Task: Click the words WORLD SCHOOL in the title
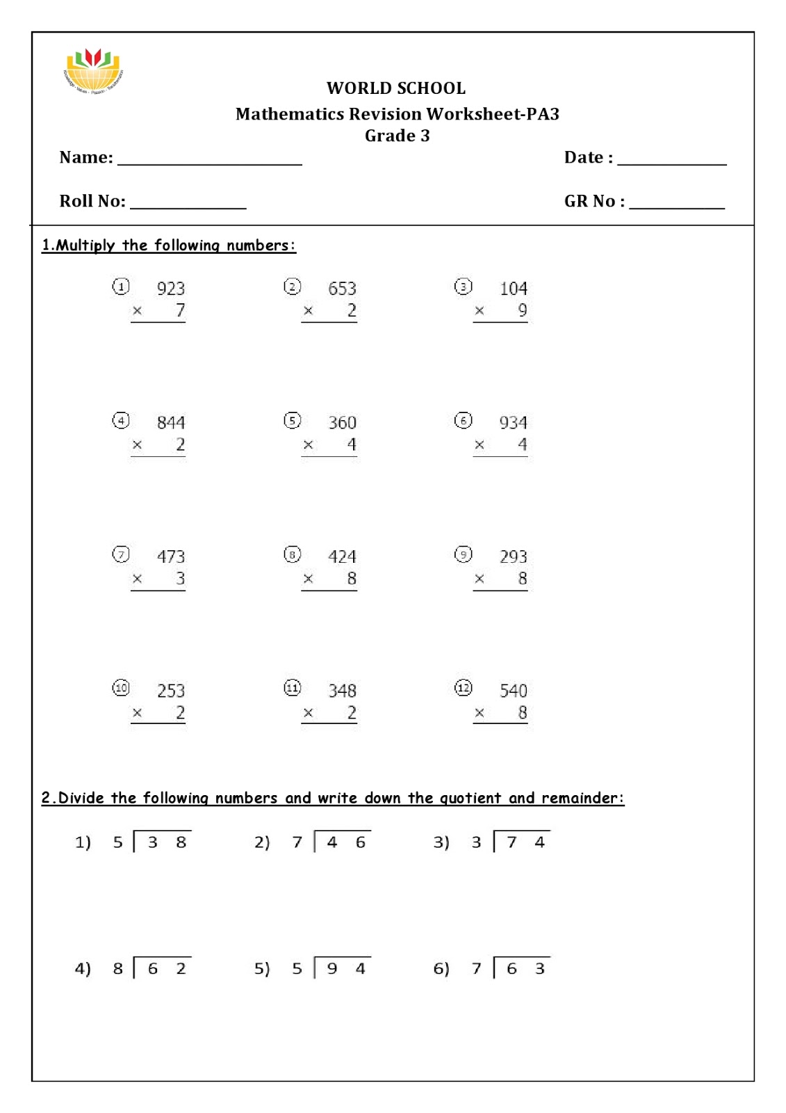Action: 396,88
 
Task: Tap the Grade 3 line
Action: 397,136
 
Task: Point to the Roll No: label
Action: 92,201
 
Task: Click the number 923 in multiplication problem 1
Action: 170,289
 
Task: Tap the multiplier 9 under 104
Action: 523,310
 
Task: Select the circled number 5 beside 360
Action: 292,420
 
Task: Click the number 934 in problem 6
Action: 513,423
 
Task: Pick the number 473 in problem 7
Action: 170,556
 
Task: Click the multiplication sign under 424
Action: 308,579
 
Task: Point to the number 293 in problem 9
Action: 513,556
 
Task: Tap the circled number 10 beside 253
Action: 121,688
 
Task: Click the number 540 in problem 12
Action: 513,691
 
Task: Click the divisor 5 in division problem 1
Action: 117,842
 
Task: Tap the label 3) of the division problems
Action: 441,842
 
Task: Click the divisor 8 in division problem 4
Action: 117,968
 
